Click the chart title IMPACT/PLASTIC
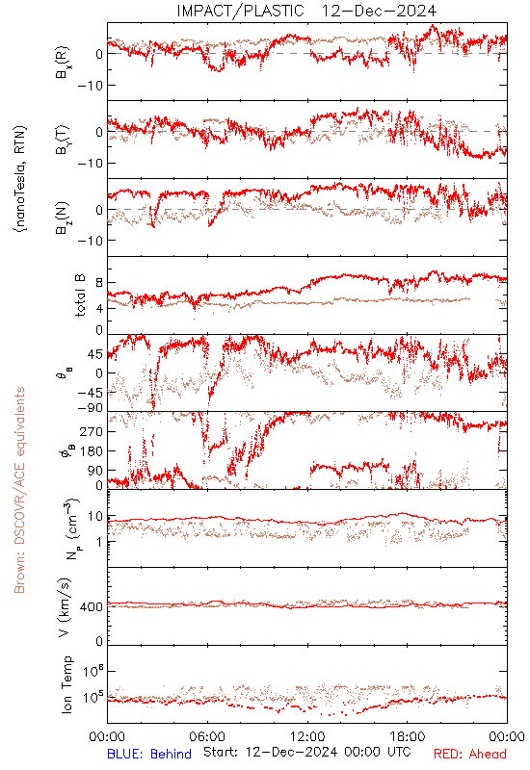pyautogui.click(x=240, y=11)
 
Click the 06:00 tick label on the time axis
pyautogui.click(x=207, y=736)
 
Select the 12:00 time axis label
pyautogui.click(x=307, y=736)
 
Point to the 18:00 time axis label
pyautogui.click(x=408, y=736)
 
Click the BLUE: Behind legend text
pyautogui.click(x=149, y=754)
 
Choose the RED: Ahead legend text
pyautogui.click(x=470, y=754)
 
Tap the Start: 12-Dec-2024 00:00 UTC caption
pyautogui.click(x=307, y=752)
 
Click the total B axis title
pyautogui.click(x=80, y=295)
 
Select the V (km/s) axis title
pyautogui.click(x=65, y=607)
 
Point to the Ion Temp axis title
pyautogui.click(x=66, y=684)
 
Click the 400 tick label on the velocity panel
pyautogui.click(x=92, y=607)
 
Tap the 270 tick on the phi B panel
pyautogui.click(x=92, y=431)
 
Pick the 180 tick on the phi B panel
pyautogui.click(x=92, y=451)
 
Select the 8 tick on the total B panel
pyautogui.click(x=99, y=283)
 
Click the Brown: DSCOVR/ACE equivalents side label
pyautogui.click(x=19, y=490)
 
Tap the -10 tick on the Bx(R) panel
pyautogui.click(x=90, y=86)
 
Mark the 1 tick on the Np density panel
pyautogui.click(x=100, y=542)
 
